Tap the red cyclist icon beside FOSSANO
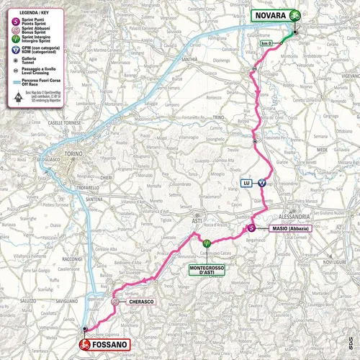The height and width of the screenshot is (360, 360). [x=84, y=344]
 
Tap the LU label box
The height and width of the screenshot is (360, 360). [x=246, y=183]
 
